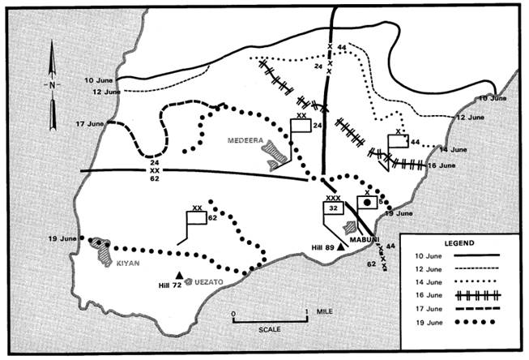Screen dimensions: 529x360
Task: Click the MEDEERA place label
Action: coord(245,140)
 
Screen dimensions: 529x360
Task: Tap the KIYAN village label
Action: coord(128,263)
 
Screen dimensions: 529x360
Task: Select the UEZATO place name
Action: coord(209,282)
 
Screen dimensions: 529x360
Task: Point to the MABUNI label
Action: coord(365,240)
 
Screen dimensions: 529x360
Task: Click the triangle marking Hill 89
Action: coord(341,246)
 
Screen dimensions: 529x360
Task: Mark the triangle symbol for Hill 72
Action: coord(180,276)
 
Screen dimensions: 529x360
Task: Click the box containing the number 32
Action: coord(333,208)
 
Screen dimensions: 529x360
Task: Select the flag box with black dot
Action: coord(367,202)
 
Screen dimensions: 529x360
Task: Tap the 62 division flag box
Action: coord(197,218)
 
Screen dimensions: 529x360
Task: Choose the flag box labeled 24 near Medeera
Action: coord(301,126)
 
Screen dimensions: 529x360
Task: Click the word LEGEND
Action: coord(459,243)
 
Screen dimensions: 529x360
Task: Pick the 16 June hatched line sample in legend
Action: coord(478,295)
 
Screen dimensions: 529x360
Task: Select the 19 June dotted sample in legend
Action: coord(476,322)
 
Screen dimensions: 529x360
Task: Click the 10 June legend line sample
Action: coord(477,255)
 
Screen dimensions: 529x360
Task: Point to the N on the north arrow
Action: coord(52,85)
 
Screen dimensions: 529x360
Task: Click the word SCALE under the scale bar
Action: coord(270,329)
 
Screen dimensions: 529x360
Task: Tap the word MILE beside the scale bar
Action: coord(324,311)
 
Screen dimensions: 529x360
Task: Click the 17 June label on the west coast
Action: coord(89,124)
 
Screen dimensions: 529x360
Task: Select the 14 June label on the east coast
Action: coord(454,150)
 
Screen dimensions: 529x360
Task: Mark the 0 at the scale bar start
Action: coord(233,314)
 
